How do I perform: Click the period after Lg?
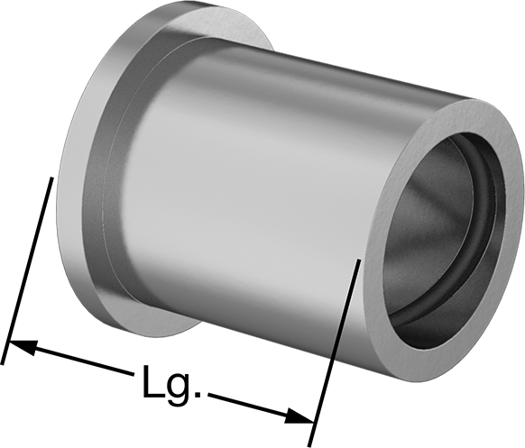pyautogui.click(x=198, y=395)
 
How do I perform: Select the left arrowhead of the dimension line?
pyautogui.click(x=23, y=347)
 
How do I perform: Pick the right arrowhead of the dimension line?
pyautogui.click(x=299, y=416)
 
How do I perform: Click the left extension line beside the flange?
pyautogui.click(x=26, y=271)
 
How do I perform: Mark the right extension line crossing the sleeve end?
pyautogui.click(x=334, y=353)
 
